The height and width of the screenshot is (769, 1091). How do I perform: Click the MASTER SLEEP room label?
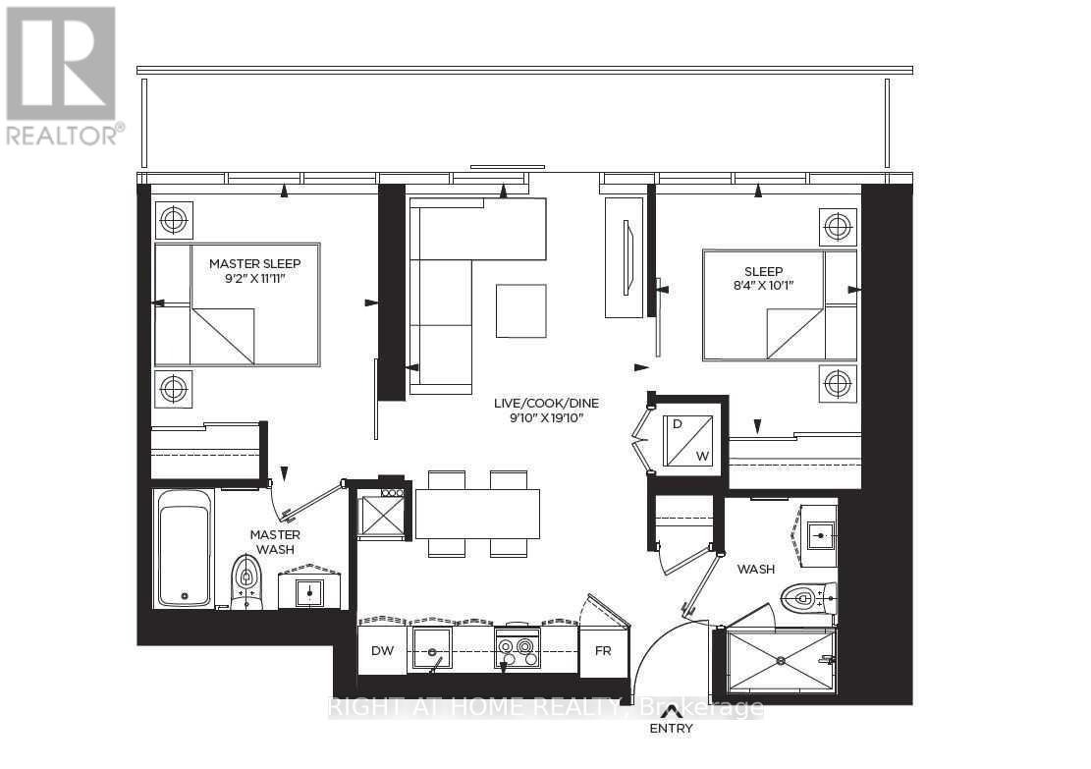point(254,263)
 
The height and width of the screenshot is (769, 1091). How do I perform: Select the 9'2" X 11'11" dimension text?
point(254,279)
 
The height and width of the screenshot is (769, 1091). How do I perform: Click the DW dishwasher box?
point(382,650)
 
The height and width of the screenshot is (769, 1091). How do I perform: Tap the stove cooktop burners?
point(517,648)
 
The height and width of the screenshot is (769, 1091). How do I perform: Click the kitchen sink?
point(432,648)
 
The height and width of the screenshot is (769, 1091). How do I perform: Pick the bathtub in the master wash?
point(185,548)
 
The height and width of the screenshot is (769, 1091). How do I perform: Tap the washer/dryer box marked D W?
point(690,440)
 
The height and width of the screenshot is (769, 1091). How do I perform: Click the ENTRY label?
point(671,729)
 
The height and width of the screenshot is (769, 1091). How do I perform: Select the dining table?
point(477,514)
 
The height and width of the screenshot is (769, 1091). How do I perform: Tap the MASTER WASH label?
point(277,542)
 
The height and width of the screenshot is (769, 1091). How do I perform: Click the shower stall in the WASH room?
point(779,662)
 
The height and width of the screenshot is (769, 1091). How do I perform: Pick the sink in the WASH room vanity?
point(819,535)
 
